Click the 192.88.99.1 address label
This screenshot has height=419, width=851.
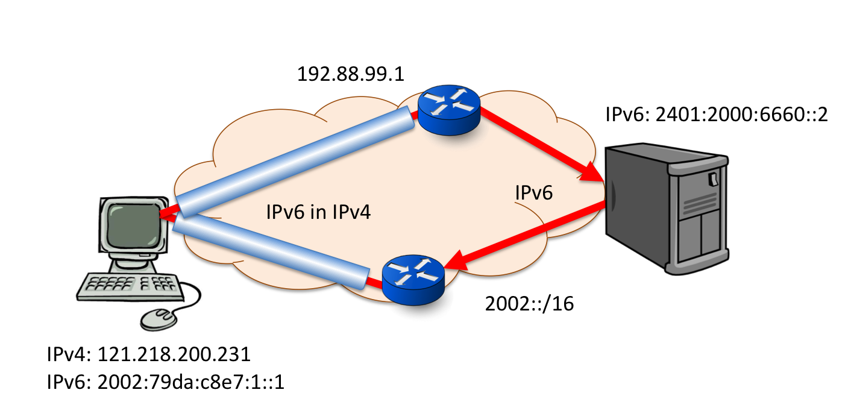[350, 75]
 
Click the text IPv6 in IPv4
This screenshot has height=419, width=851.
[318, 212]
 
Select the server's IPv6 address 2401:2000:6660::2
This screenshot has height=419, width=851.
[717, 115]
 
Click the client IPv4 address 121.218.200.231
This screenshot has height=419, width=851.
[148, 354]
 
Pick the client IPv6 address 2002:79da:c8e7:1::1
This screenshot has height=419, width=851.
[165, 383]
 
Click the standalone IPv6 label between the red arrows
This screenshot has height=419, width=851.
[534, 194]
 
